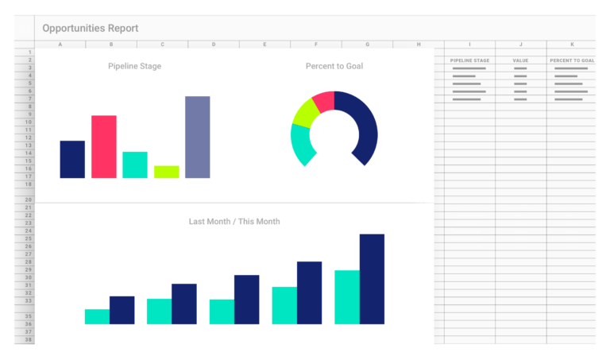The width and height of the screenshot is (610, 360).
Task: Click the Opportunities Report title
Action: tap(91, 29)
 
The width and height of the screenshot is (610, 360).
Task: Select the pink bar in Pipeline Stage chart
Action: tap(103, 147)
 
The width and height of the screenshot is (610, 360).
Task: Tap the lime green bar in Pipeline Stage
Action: tap(166, 172)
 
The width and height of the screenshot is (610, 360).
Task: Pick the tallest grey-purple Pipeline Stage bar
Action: tap(197, 137)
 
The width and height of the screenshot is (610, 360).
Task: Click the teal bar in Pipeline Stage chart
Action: tap(134, 165)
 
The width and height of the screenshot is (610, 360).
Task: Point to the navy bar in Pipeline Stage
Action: tap(72, 159)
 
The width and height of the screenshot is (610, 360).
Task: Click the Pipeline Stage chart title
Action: tap(134, 66)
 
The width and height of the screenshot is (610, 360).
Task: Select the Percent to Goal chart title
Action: tap(334, 66)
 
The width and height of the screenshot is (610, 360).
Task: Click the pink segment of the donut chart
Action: tap(323, 101)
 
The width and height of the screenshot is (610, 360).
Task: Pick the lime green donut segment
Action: tap(305, 113)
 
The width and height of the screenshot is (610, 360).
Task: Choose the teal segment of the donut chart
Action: tap(300, 144)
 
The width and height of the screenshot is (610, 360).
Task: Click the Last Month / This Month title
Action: tap(234, 222)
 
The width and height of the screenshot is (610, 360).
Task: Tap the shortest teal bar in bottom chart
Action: tap(97, 316)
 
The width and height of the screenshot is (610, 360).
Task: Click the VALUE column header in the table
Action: tap(520, 60)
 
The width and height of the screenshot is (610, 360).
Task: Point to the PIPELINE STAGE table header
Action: tap(469, 60)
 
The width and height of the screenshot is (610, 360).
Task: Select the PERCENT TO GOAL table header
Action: tap(571, 60)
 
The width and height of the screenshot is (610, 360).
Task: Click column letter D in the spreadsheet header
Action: tap(213, 45)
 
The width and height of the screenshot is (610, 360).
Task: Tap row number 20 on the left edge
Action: tap(28, 199)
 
